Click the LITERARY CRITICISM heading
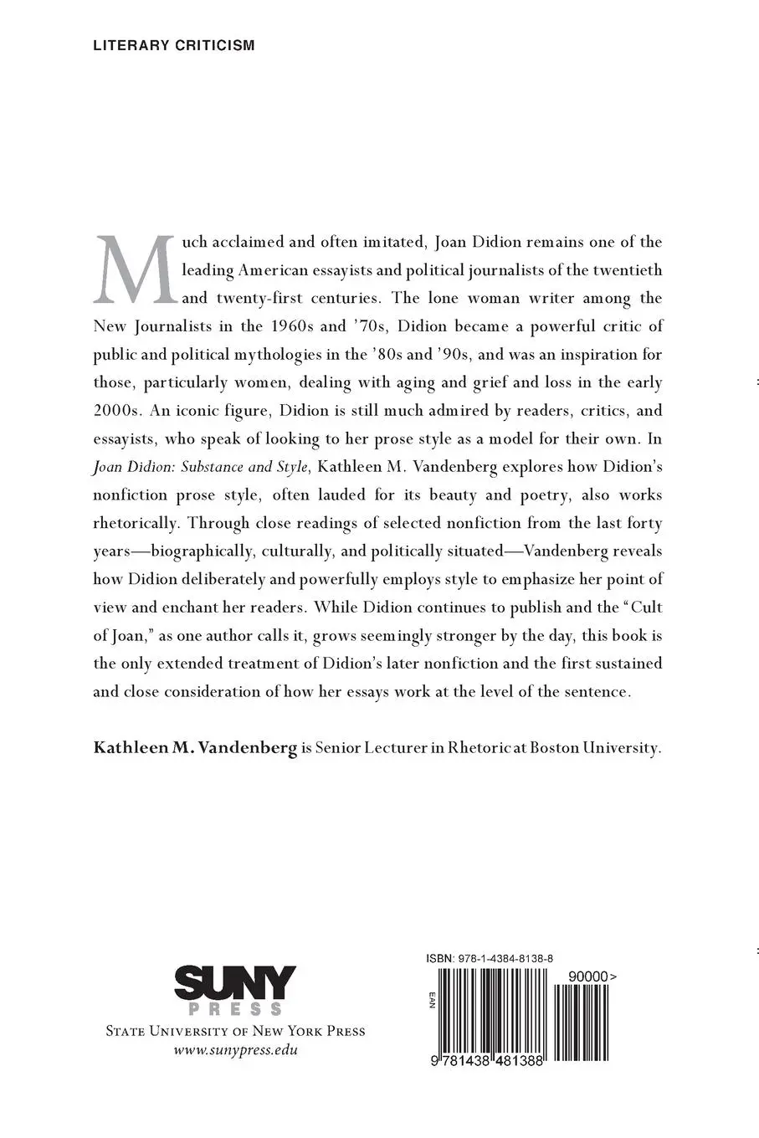click(x=174, y=45)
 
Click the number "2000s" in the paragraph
click(x=117, y=411)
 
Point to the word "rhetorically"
click(x=136, y=523)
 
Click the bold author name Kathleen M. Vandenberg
click(x=195, y=748)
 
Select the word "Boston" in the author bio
click(x=559, y=748)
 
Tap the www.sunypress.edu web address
click(x=235, y=1051)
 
